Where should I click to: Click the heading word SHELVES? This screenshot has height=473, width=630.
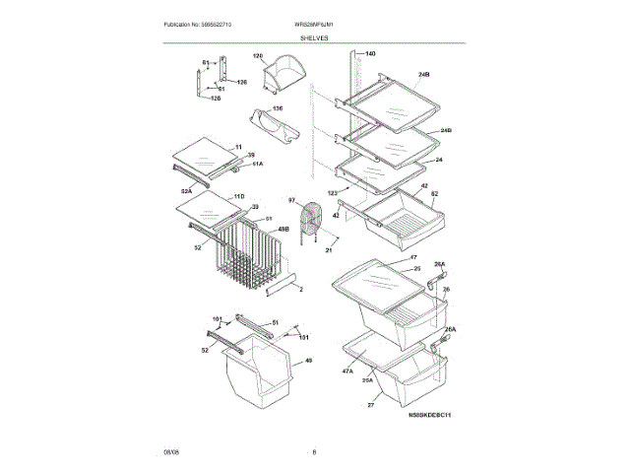click(315, 37)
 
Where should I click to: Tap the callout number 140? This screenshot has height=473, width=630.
click(370, 53)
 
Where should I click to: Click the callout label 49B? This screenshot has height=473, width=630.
click(283, 230)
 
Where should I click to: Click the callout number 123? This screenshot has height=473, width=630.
click(333, 192)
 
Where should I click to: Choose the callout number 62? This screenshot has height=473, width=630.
click(434, 194)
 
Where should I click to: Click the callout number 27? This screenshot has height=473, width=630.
click(371, 405)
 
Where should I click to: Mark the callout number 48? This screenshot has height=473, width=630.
click(308, 361)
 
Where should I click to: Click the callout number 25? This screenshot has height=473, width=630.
click(416, 268)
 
